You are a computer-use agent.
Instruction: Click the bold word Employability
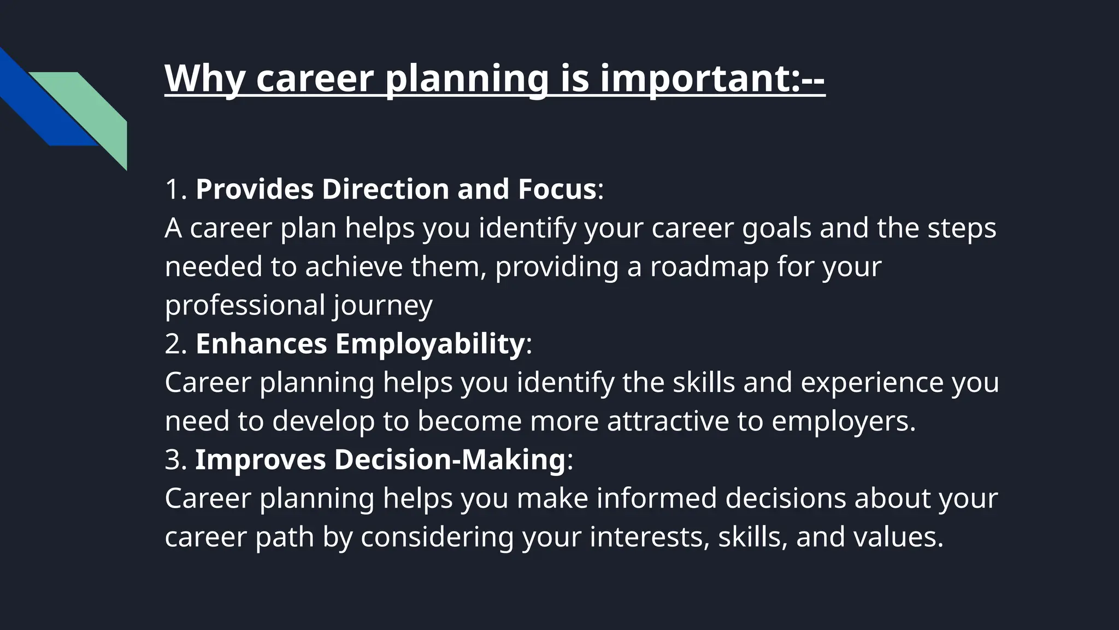pos(429,344)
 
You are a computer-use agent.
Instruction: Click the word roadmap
pos(709,267)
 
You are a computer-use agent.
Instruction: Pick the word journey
pos(382,305)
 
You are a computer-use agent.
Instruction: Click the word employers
pos(843,421)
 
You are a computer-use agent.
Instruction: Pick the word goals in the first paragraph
pos(776,228)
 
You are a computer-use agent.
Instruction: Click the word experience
pos(871,382)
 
